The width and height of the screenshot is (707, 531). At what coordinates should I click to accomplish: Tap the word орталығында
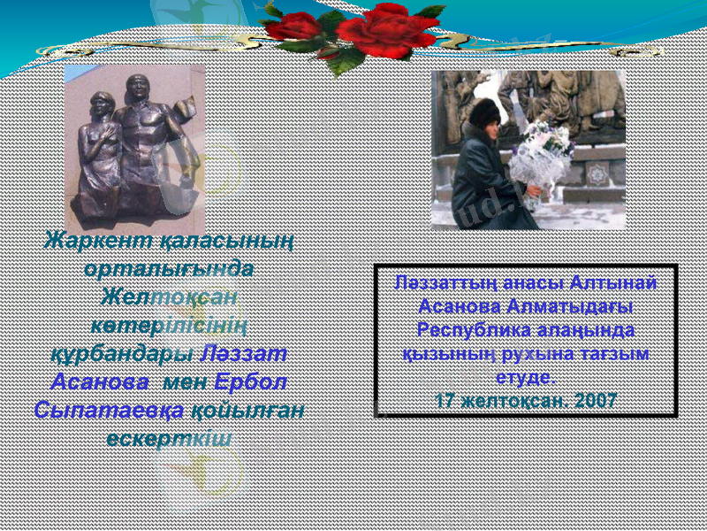pyautogui.click(x=169, y=268)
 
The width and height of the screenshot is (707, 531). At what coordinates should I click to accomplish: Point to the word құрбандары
pyautogui.click(x=119, y=353)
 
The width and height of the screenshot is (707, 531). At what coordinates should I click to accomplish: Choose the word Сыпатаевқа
pyautogui.click(x=109, y=410)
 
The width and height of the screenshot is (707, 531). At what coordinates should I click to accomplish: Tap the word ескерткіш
pyautogui.click(x=169, y=438)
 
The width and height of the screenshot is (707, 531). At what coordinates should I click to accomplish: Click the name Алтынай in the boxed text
pyautogui.click(x=614, y=283)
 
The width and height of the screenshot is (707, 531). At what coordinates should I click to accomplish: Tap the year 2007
pyautogui.click(x=595, y=401)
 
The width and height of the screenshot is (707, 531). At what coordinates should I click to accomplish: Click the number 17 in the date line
pyautogui.click(x=445, y=401)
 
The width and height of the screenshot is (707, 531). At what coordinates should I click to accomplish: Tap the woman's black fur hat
pyautogui.click(x=484, y=111)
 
